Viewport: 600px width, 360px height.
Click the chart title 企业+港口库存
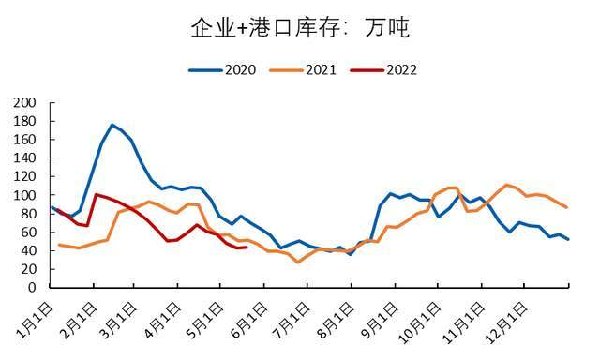point(300,28)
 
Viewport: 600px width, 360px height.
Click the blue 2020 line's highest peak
point(112,125)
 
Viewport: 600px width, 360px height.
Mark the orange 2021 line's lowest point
point(298,262)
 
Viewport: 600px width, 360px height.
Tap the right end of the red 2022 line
point(246,247)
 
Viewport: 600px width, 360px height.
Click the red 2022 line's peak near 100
point(96,194)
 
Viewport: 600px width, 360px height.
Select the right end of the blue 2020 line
point(568,239)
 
